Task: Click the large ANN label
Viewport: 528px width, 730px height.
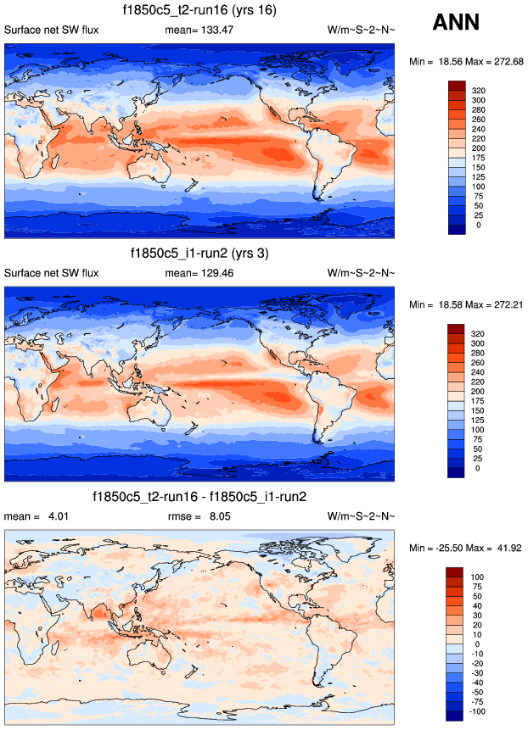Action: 456,23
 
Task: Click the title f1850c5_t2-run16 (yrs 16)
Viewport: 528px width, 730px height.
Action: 199,10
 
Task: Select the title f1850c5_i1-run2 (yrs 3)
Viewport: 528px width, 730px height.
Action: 199,253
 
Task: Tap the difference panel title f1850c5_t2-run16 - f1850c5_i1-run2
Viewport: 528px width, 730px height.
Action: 199,495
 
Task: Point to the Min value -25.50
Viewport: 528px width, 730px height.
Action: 451,546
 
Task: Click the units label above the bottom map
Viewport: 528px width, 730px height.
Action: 361,515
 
